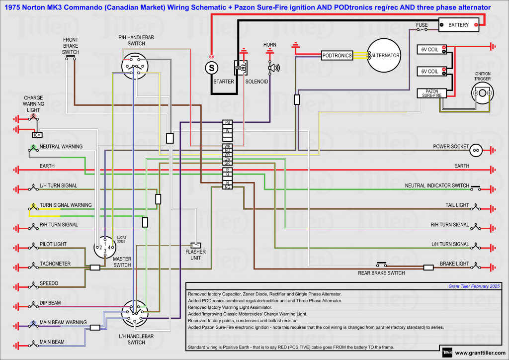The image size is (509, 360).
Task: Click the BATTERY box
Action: point(458,25)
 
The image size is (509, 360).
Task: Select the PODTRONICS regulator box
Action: point(337,56)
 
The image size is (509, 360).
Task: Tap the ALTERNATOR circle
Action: point(385,56)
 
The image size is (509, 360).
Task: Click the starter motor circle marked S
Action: point(211,67)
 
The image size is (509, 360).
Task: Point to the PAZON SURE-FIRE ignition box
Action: point(431,92)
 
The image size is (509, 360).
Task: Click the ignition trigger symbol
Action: point(482,93)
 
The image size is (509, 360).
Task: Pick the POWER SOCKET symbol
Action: point(476,149)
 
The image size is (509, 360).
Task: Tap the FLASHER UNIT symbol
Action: point(196,246)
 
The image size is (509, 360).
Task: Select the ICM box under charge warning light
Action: point(37,135)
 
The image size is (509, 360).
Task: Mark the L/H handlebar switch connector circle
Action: point(135,313)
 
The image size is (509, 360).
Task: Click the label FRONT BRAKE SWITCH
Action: point(71,45)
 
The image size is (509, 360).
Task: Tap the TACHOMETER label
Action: point(55,264)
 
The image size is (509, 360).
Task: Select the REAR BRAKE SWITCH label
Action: point(381,273)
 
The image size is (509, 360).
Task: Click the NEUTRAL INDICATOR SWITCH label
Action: point(437,185)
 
